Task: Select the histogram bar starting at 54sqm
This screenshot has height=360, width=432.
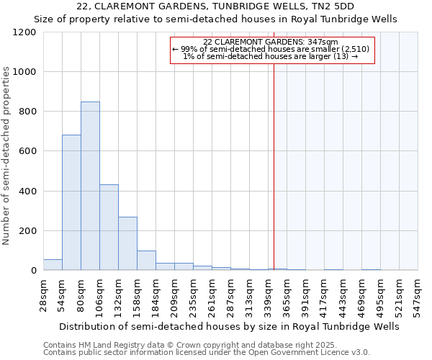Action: coord(71,202)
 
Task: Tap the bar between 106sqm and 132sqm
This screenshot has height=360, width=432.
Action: coord(109,227)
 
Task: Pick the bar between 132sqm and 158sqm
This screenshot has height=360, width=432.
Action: coord(127,243)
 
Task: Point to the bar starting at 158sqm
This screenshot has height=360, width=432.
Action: coord(146,261)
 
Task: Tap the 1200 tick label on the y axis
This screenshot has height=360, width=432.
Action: coord(24,32)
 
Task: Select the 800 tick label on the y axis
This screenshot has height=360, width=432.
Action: coord(27,112)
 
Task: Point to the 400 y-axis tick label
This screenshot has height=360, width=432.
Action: coord(27,192)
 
